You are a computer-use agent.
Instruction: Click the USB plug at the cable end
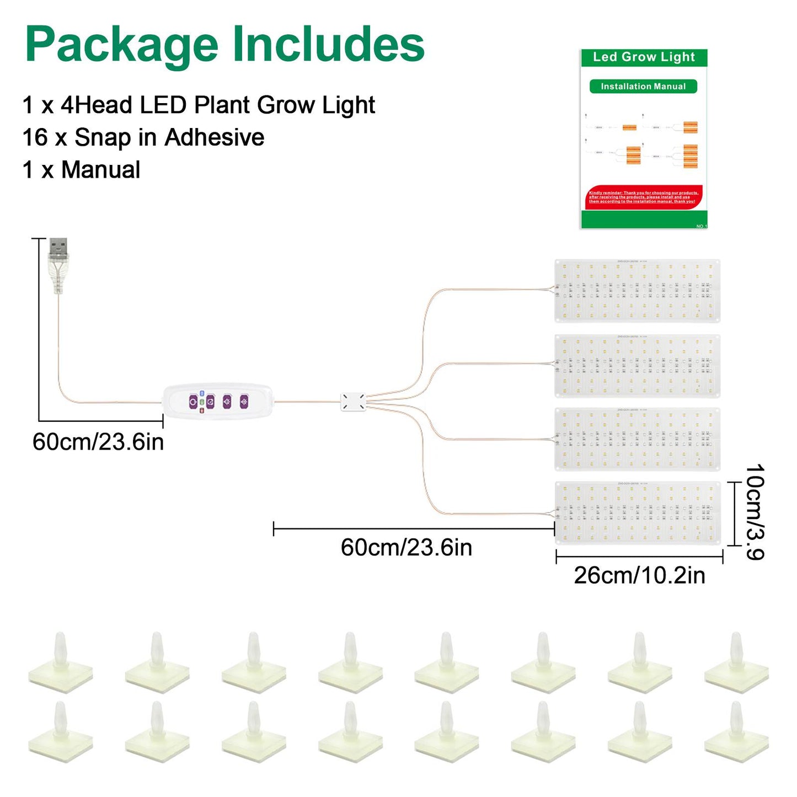(x=58, y=259)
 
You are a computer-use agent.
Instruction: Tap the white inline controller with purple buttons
(x=218, y=402)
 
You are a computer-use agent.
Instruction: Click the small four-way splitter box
(x=353, y=402)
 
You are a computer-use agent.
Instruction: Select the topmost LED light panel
(x=637, y=291)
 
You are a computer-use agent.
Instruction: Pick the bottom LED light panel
(x=637, y=513)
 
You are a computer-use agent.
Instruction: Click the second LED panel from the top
(x=637, y=366)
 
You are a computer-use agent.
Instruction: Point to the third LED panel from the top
(x=637, y=439)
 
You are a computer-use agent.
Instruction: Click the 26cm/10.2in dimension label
(x=639, y=576)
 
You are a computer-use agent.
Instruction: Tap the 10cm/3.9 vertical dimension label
(x=755, y=512)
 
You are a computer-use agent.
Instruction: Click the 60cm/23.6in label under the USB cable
(x=98, y=442)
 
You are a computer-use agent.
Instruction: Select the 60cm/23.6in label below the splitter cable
(x=406, y=548)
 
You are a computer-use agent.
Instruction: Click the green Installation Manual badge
(x=643, y=87)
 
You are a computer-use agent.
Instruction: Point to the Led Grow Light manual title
(x=644, y=57)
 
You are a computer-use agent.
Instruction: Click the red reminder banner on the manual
(x=643, y=197)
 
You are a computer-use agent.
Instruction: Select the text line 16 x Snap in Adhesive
(x=143, y=138)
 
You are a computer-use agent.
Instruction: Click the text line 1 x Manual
(x=82, y=170)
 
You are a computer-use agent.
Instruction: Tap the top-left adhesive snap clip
(x=61, y=662)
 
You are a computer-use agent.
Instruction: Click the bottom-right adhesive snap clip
(x=736, y=731)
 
